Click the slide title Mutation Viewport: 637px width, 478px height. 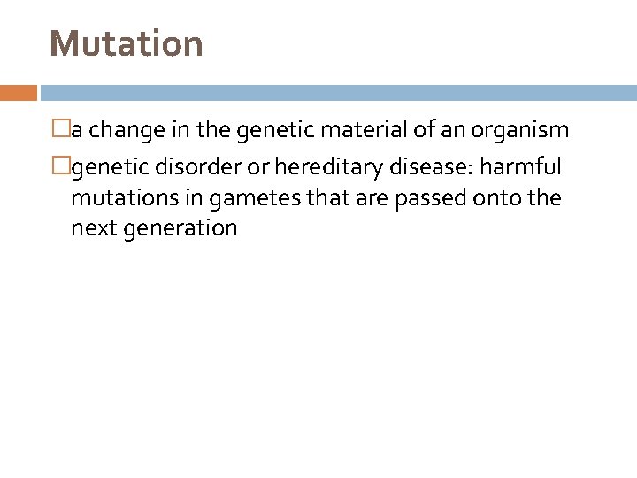pos(127,42)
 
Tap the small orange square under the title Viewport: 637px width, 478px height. pos(19,93)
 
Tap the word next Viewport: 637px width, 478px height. pos(96,228)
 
